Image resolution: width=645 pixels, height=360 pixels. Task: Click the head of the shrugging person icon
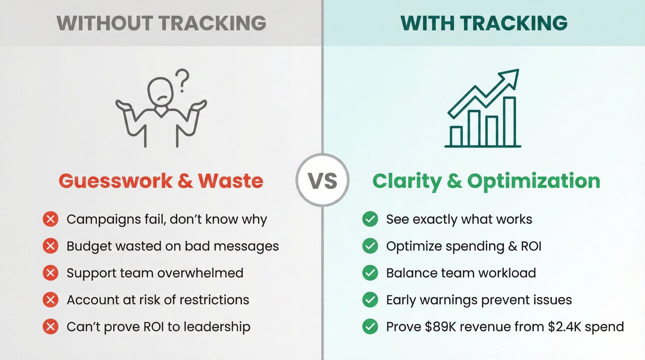(x=160, y=91)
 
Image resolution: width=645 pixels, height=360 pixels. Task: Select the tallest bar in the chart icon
(x=509, y=122)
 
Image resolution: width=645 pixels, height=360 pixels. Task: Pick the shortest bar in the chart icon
(x=456, y=136)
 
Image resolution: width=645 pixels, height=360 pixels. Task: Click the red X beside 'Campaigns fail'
(x=51, y=219)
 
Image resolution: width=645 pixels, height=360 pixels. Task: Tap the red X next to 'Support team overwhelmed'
(x=51, y=273)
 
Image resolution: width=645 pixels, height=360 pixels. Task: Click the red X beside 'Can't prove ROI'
(x=51, y=327)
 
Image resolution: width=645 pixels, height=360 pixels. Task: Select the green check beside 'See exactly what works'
(x=370, y=219)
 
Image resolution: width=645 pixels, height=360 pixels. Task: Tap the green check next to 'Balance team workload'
(x=370, y=273)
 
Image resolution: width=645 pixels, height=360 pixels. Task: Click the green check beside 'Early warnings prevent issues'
(x=370, y=300)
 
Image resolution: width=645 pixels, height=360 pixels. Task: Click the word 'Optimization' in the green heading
(x=534, y=181)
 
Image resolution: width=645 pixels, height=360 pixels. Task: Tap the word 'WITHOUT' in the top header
(x=105, y=23)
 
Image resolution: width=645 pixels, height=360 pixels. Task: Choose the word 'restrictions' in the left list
(x=214, y=300)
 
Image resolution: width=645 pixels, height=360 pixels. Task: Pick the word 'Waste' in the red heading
(x=231, y=181)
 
